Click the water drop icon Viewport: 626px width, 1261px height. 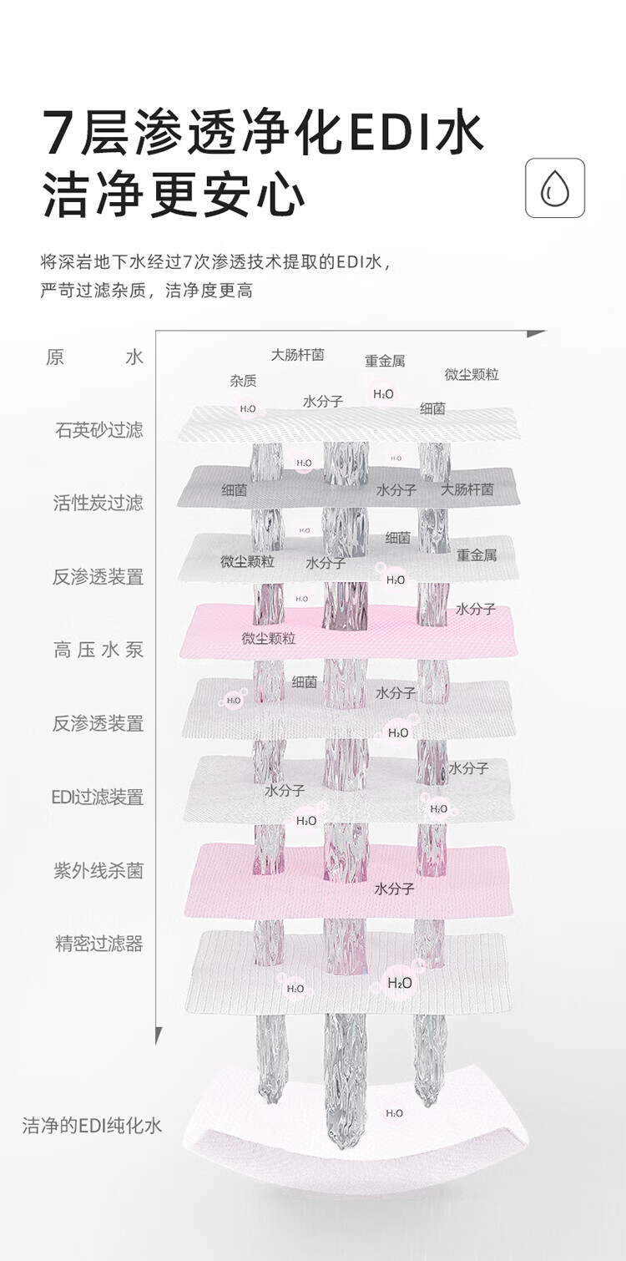[555, 188]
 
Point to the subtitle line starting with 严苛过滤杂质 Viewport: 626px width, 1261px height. [146, 291]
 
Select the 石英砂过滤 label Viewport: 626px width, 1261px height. [98, 430]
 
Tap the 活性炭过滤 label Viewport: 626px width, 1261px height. [98, 503]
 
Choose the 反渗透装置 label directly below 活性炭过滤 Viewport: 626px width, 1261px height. [98, 576]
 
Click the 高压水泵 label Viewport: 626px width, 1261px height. [98, 650]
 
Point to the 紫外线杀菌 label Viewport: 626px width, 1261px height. [98, 870]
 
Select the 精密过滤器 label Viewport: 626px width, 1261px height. [98, 944]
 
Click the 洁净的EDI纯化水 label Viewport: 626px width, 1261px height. [92, 1126]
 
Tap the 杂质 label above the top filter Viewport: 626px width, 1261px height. [243, 381]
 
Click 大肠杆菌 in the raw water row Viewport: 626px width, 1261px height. [297, 355]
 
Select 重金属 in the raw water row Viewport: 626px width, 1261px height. [385, 361]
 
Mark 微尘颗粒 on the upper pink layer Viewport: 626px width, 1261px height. [269, 639]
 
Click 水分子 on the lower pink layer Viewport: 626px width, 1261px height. [394, 889]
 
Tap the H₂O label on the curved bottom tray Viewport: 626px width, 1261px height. [394, 1113]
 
